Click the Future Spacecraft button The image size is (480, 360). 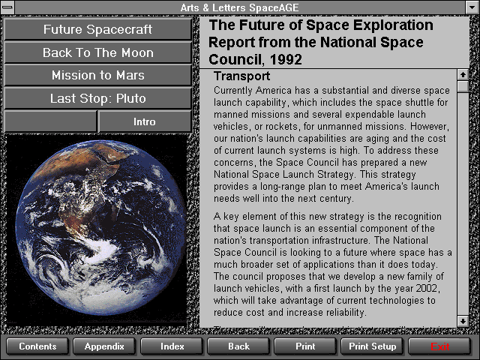tap(97, 29)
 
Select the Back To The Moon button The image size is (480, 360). tap(97, 52)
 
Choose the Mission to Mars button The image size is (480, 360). tap(97, 75)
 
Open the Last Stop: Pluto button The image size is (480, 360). tap(97, 98)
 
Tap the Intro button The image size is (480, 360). tap(145, 121)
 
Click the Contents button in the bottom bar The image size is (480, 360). tap(37, 346)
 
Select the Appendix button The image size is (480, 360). tap(104, 346)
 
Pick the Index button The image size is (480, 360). tap(172, 346)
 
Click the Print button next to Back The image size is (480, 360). tap(305, 346)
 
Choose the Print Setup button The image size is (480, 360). tap(372, 346)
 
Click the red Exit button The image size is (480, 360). tap(439, 346)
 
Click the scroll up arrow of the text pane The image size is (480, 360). tap(463, 74)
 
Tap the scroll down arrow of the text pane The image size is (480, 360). tap(463, 321)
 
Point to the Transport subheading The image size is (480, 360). tap(241, 76)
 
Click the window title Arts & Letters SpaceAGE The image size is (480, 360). tap(239, 7)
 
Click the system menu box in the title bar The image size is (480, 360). tap(7, 7)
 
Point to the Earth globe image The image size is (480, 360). tap(100, 228)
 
